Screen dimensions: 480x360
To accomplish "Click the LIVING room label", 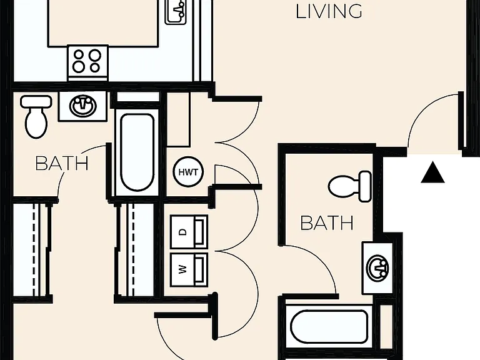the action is [x=329, y=11].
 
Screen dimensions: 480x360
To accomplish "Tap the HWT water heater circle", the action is [x=188, y=172].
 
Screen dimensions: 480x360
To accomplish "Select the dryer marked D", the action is [x=189, y=232].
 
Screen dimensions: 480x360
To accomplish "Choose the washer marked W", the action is [x=189, y=270].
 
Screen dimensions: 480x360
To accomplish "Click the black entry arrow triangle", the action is [x=432, y=172].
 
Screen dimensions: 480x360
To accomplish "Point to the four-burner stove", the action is [x=88, y=62].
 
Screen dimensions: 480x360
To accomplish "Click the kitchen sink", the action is [x=176, y=12].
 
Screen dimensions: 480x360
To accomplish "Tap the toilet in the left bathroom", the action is [x=36, y=117].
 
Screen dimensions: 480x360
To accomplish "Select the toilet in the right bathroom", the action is [x=350, y=186].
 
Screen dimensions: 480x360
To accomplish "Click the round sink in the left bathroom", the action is [x=83, y=106].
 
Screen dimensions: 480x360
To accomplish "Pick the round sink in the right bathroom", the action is [x=377, y=268].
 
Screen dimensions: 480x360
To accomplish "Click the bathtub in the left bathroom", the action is [x=137, y=152].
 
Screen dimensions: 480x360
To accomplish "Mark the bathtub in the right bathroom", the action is [x=329, y=327].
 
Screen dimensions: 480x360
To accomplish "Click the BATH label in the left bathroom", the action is [x=62, y=164].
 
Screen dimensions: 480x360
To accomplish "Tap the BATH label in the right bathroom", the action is [x=327, y=223].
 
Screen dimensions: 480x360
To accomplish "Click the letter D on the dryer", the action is [x=182, y=232].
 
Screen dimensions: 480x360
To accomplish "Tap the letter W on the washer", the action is [x=182, y=270].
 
